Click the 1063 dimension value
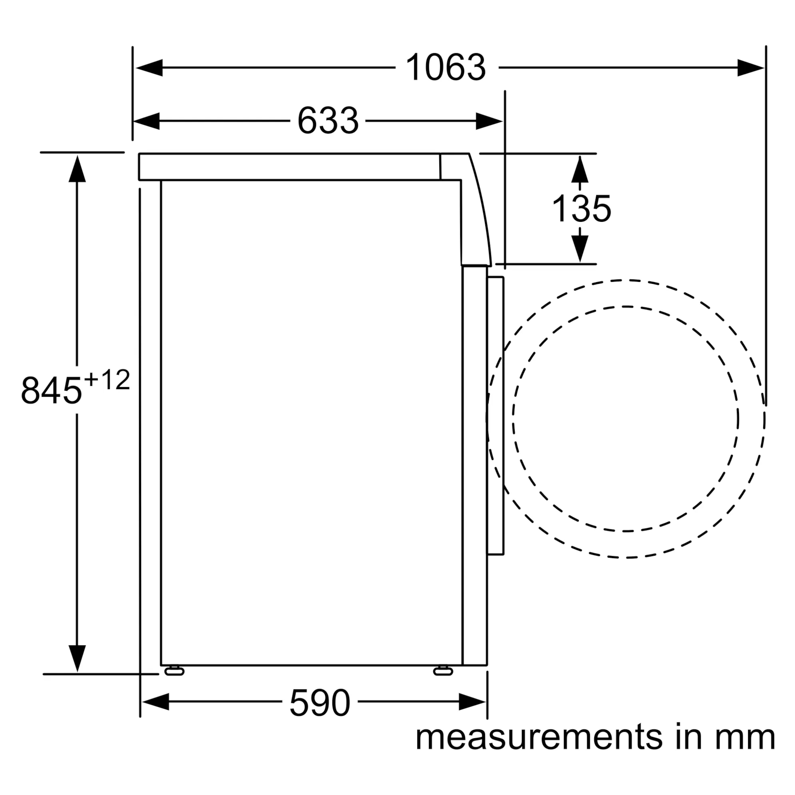446,68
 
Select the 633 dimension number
328,121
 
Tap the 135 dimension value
581,209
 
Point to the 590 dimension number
320,703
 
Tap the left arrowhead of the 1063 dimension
149,68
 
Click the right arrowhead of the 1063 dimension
750,68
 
